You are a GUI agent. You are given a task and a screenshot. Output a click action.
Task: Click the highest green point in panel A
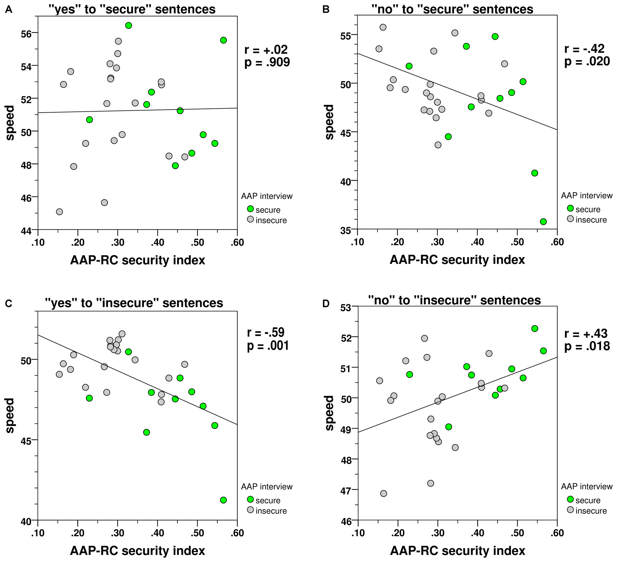pyautogui.click(x=129, y=25)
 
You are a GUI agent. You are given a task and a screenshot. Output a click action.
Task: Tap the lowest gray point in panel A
pyautogui.click(x=59, y=212)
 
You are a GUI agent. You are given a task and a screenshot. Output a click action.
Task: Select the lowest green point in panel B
pyautogui.click(x=543, y=222)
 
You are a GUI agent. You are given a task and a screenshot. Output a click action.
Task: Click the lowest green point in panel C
pyautogui.click(x=223, y=500)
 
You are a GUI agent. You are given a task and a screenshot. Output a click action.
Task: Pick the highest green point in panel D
pyautogui.click(x=535, y=328)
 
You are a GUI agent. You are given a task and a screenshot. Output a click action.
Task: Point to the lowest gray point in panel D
pyautogui.click(x=384, y=493)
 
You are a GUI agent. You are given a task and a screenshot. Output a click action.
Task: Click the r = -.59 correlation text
pyautogui.click(x=266, y=333)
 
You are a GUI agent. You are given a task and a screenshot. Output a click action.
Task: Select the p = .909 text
pyautogui.click(x=267, y=62)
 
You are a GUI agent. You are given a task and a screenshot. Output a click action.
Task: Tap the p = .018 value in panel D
pyautogui.click(x=587, y=346)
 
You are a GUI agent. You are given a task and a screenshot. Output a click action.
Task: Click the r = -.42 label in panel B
pyautogui.click(x=584, y=49)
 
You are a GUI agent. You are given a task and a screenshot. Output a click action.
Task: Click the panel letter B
pyautogui.click(x=325, y=9)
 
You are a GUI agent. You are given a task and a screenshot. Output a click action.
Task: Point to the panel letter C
pyautogui.click(x=8, y=304)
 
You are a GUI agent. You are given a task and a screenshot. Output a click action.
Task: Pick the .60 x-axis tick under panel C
pyautogui.click(x=237, y=533)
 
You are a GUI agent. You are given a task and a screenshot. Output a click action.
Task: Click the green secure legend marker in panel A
pyautogui.click(x=250, y=209)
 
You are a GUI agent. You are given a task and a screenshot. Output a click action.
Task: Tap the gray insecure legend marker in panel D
pyautogui.click(x=570, y=509)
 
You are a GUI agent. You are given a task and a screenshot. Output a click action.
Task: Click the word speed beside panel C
pyautogui.click(x=10, y=415)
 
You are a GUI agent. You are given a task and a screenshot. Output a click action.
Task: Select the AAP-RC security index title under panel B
pyautogui.click(x=457, y=260)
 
